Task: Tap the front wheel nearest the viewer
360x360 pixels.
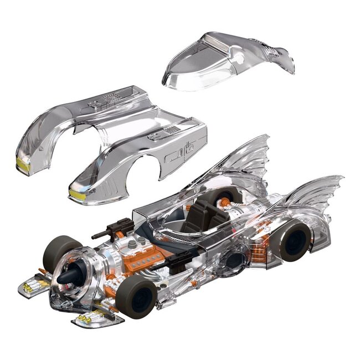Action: coord(136,296)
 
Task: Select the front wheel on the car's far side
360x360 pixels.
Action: coord(61,251)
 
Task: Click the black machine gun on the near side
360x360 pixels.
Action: coord(177,261)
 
